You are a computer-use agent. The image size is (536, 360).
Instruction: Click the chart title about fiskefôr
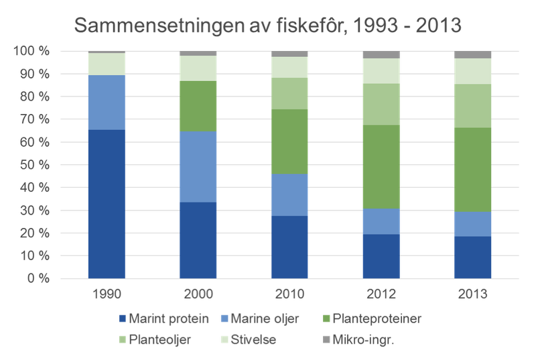pos(268,26)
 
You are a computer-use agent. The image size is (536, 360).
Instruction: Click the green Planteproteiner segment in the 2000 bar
pos(198,106)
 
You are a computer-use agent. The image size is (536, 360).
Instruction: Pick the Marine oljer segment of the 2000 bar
pos(198,166)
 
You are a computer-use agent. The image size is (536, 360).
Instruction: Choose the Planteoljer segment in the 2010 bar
pos(290,93)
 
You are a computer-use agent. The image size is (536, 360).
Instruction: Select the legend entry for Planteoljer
pos(155,340)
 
